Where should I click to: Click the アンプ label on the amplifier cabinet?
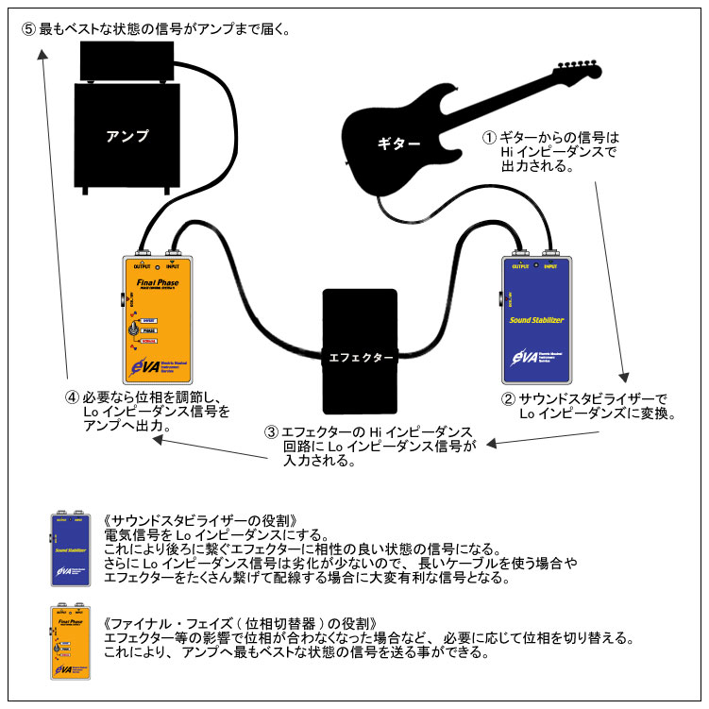tap(128, 136)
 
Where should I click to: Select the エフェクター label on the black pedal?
tap(362, 358)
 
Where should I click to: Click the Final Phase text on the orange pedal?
tap(158, 280)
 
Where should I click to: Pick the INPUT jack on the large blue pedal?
tap(552, 253)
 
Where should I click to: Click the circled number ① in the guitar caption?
tap(489, 138)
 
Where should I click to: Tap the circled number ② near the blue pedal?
tap(510, 400)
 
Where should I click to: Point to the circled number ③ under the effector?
tap(272, 431)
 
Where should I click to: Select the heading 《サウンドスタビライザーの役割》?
tap(202, 520)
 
